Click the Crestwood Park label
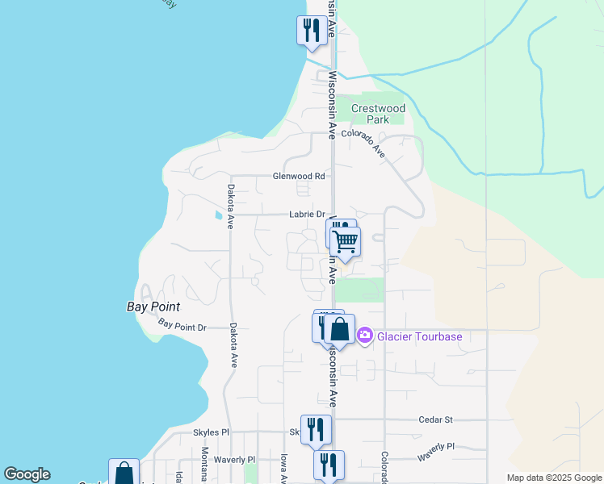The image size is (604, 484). click(378, 114)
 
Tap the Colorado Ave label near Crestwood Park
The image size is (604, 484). click(364, 140)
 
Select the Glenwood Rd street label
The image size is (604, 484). click(298, 176)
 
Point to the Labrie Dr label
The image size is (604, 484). click(307, 215)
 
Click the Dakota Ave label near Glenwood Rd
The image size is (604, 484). click(231, 207)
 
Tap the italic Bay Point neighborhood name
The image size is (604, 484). click(153, 307)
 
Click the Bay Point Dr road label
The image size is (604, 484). click(182, 326)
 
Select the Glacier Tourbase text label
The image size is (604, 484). click(418, 336)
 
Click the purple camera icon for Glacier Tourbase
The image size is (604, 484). click(365, 335)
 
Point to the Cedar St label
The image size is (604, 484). click(436, 419)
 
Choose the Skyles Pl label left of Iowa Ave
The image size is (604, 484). click(212, 433)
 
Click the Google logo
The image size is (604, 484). click(27, 474)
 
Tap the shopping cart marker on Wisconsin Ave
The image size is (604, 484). click(345, 241)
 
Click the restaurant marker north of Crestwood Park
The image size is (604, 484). click(312, 31)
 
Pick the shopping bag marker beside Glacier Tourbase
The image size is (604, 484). click(340, 329)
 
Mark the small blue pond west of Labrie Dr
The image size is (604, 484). click(217, 216)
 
